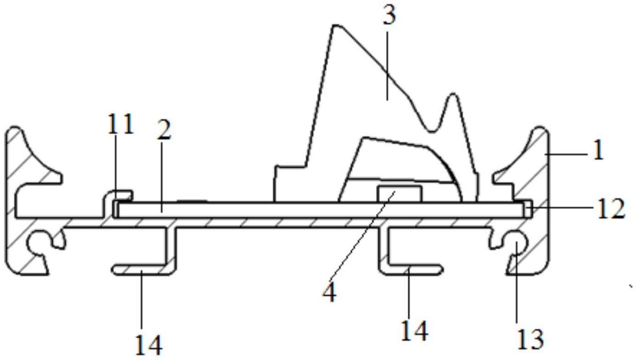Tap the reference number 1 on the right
pos(597,150)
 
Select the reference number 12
pos(610,209)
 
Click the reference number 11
pos(120,124)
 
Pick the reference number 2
pos(164,130)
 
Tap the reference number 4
pos(329,292)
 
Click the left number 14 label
pos(148,344)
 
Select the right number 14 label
pos(414,330)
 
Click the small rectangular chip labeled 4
pos(399,194)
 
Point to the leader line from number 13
pos(516,285)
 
